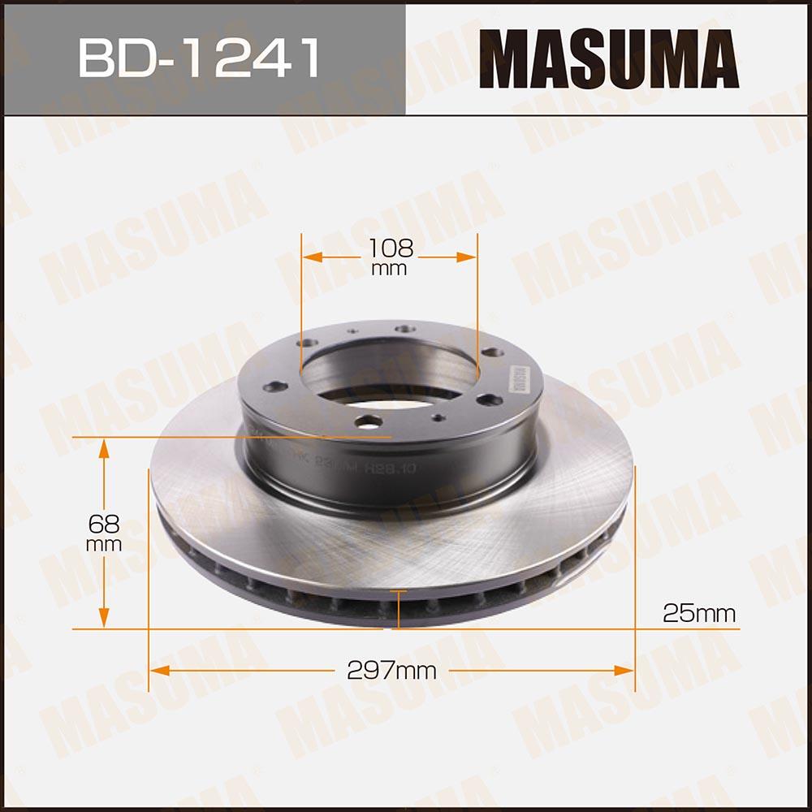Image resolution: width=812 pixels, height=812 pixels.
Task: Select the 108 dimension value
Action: coord(389,248)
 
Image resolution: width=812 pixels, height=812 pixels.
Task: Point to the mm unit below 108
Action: coord(389,270)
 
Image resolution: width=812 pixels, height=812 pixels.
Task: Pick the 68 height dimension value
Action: coord(104,524)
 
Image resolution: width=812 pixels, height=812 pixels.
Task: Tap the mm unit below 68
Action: coord(104,544)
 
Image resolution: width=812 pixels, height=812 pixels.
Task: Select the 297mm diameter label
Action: coord(391,671)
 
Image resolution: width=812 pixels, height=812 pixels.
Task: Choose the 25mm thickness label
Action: coord(699,613)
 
